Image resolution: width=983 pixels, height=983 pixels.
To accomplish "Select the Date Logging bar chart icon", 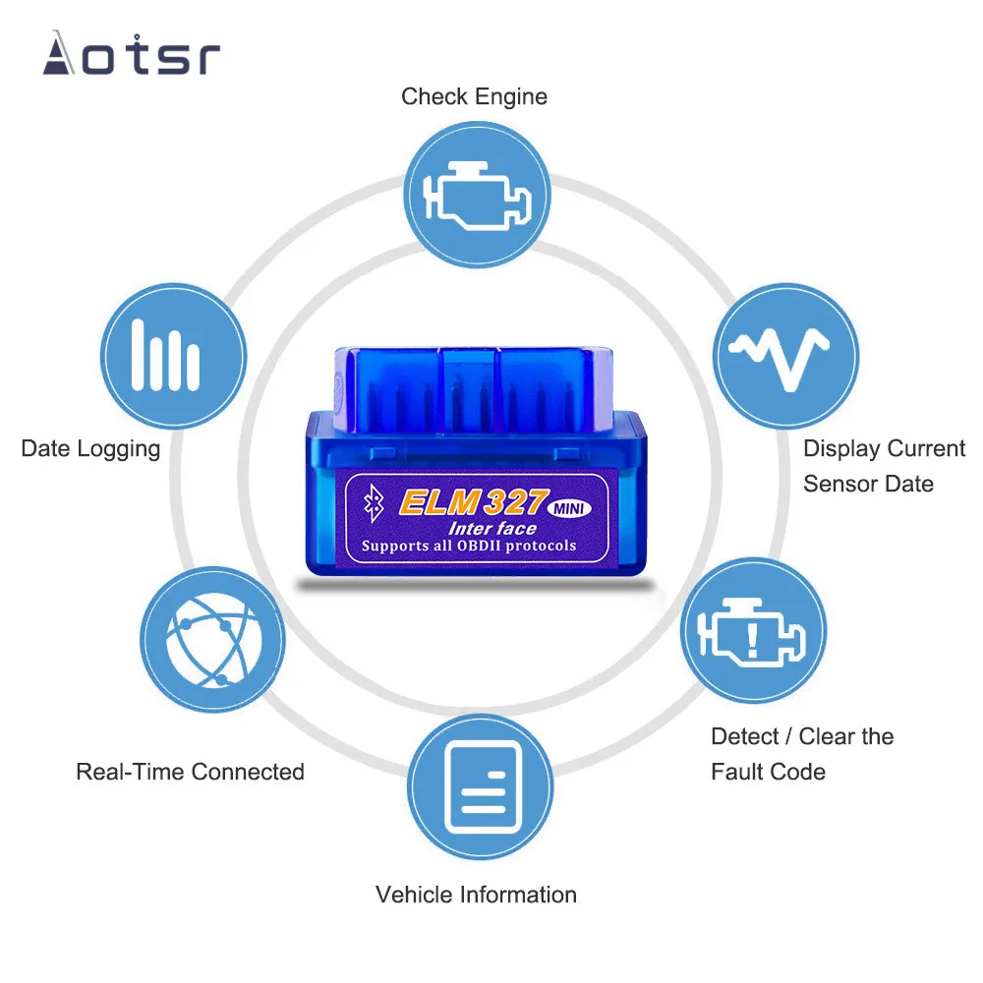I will click(172, 356).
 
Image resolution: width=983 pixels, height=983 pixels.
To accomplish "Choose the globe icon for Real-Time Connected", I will click(212, 639).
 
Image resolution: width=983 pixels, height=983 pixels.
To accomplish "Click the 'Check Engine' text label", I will click(474, 96).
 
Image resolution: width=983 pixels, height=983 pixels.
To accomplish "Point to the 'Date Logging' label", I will click(90, 449).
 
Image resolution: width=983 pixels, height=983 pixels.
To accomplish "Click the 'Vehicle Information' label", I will click(476, 895).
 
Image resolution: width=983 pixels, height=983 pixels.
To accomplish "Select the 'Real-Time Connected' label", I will click(190, 772).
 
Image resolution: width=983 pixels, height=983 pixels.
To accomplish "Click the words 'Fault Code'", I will click(768, 772).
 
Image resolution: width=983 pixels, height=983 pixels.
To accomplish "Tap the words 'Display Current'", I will click(884, 449).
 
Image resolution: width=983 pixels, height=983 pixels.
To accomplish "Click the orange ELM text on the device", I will click(438, 502).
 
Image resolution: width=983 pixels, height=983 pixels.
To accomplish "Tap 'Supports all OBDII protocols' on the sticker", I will click(469, 546).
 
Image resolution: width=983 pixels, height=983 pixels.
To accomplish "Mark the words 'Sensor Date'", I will click(868, 484).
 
